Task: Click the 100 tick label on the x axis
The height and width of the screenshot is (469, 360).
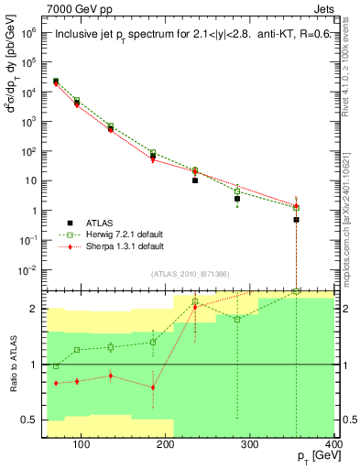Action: click(81, 447)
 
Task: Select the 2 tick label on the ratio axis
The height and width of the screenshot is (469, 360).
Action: click(38, 309)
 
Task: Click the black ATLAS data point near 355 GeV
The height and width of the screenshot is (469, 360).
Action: click(296, 220)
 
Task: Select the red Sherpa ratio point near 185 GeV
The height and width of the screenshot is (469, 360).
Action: click(153, 387)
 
